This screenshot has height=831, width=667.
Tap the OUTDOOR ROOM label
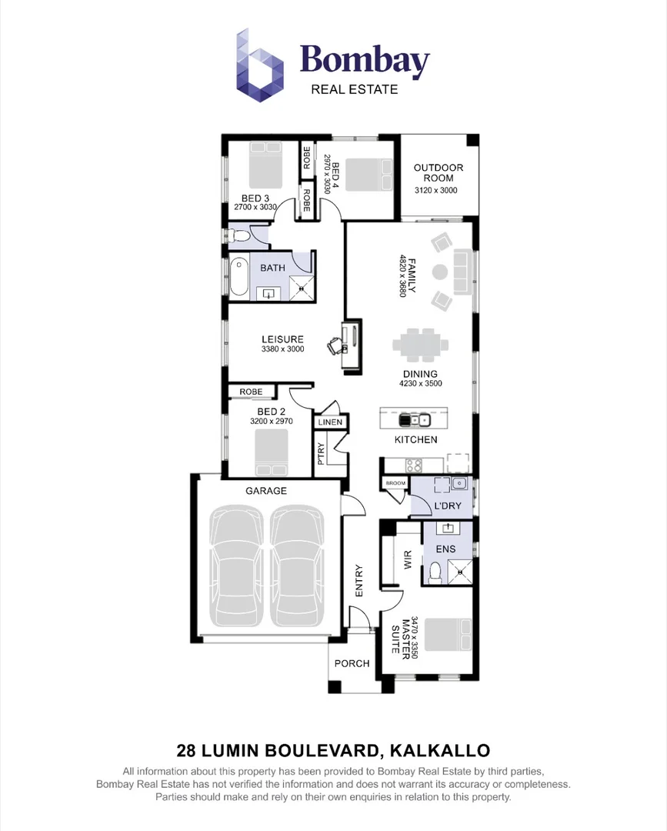tap(439, 173)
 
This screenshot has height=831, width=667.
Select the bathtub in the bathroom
tap(239, 277)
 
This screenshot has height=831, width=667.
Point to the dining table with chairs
tap(419, 344)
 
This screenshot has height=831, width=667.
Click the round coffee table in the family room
tap(440, 272)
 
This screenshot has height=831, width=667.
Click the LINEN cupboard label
tap(330, 422)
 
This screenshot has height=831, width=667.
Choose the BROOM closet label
tap(395, 483)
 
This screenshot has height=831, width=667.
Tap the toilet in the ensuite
tap(435, 571)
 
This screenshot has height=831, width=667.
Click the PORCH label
tap(352, 663)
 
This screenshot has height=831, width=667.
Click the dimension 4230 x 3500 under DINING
tap(420, 383)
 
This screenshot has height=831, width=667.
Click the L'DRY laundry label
tap(447, 506)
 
